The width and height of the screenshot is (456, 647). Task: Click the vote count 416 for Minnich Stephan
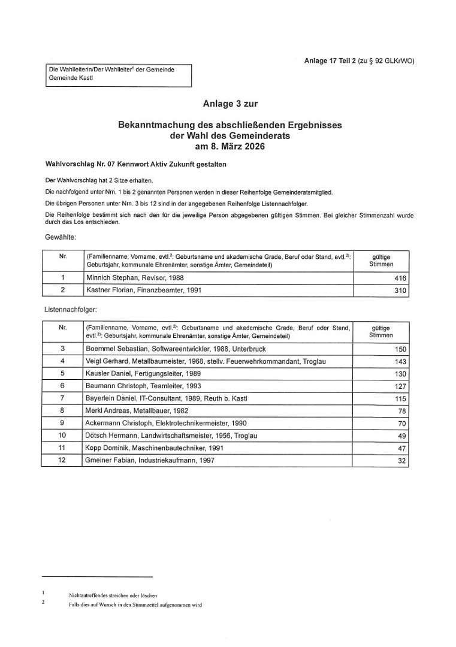click(400, 278)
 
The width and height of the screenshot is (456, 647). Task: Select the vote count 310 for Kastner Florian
click(400, 291)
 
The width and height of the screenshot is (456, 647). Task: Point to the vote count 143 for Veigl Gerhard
click(400, 362)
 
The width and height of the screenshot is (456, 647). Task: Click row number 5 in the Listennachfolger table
click(62, 373)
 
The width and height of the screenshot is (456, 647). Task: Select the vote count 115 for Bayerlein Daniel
click(400, 399)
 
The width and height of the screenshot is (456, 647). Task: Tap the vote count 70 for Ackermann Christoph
click(402, 424)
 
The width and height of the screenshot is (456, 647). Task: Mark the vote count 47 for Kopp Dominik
click(402, 448)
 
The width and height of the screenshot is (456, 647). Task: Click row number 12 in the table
click(62, 460)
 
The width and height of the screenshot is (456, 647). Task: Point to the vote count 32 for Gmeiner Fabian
click(402, 461)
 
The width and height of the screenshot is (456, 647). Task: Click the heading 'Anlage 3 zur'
click(230, 104)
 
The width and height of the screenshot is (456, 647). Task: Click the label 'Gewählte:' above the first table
click(61, 238)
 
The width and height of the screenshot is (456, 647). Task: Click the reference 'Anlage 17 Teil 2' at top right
click(330, 61)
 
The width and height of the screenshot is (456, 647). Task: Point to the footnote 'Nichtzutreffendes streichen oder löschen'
click(113, 595)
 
